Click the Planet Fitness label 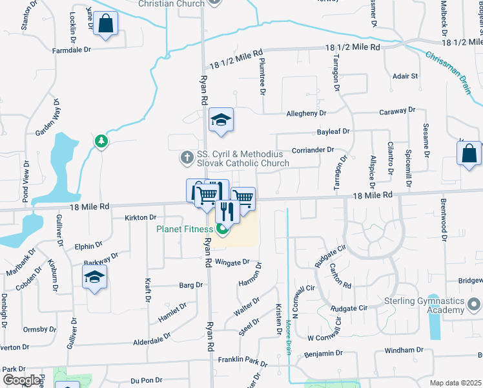pos(185,229)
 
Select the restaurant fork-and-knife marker pos(227,210)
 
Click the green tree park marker pos(101,141)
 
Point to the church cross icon pos(187,157)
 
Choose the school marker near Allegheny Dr pos(221,120)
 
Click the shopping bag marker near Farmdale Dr pos(106,24)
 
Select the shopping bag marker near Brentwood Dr pos(469,154)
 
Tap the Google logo pos(21,380)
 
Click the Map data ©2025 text pos(455,383)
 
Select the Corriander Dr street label pos(313,149)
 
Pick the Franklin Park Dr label pos(242,360)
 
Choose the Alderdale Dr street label pos(152,336)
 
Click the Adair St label pos(406,76)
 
